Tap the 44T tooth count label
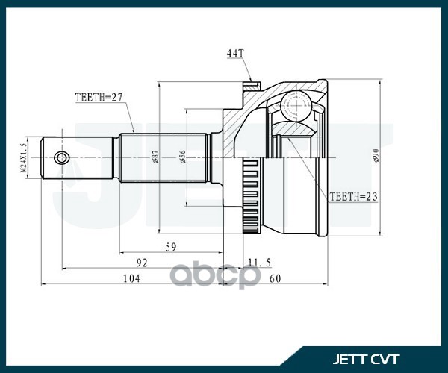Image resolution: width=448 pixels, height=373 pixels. coord(234,54)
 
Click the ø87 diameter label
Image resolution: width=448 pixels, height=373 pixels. coord(155,157)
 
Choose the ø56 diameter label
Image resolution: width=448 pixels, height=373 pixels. coord(182,157)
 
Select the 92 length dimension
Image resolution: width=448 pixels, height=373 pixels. coord(141,262)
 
